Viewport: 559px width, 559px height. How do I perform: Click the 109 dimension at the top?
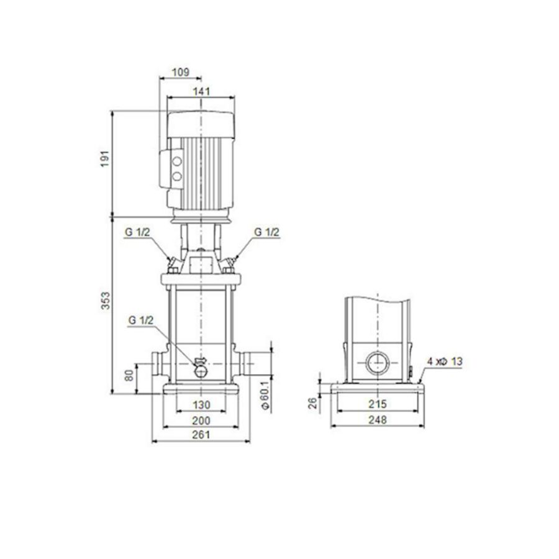point(180,73)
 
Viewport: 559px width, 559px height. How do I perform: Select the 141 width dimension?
point(201,91)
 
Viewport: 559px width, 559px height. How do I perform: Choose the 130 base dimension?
point(201,405)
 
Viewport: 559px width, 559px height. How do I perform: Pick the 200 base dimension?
point(201,420)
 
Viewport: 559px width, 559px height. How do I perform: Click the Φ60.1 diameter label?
point(265,395)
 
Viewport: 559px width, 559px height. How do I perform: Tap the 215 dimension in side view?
point(378,404)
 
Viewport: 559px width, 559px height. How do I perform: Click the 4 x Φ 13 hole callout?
point(445,361)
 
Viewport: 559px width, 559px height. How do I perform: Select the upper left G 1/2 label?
point(136,232)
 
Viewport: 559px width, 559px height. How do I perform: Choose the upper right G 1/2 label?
point(267,232)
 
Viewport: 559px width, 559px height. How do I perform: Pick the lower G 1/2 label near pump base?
point(141,320)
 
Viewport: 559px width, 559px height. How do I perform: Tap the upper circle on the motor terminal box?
point(176,161)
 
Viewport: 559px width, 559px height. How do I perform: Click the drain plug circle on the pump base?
point(202,370)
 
